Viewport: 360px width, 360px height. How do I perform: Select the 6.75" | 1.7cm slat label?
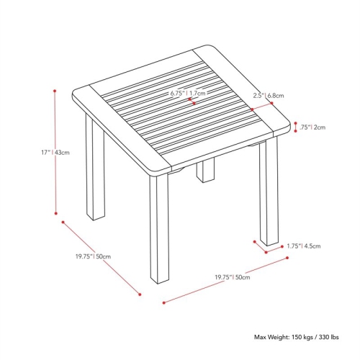tap(188, 93)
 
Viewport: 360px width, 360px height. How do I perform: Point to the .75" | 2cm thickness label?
tap(315, 127)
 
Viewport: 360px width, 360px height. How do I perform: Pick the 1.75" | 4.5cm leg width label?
tap(303, 246)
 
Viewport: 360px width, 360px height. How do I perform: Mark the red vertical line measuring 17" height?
tap(55, 151)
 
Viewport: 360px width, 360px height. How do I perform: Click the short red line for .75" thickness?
tap(296, 127)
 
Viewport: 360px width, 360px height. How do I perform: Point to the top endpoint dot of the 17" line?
tap(55, 90)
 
